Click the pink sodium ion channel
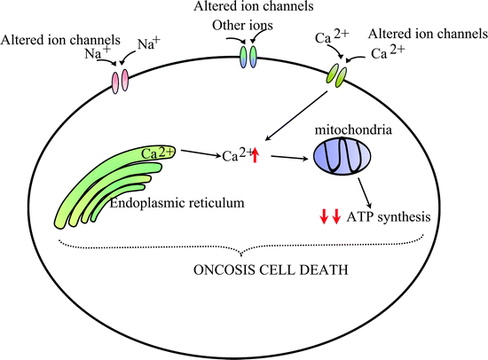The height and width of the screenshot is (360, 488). point(119,81)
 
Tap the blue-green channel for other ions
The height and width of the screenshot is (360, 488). point(248,58)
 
